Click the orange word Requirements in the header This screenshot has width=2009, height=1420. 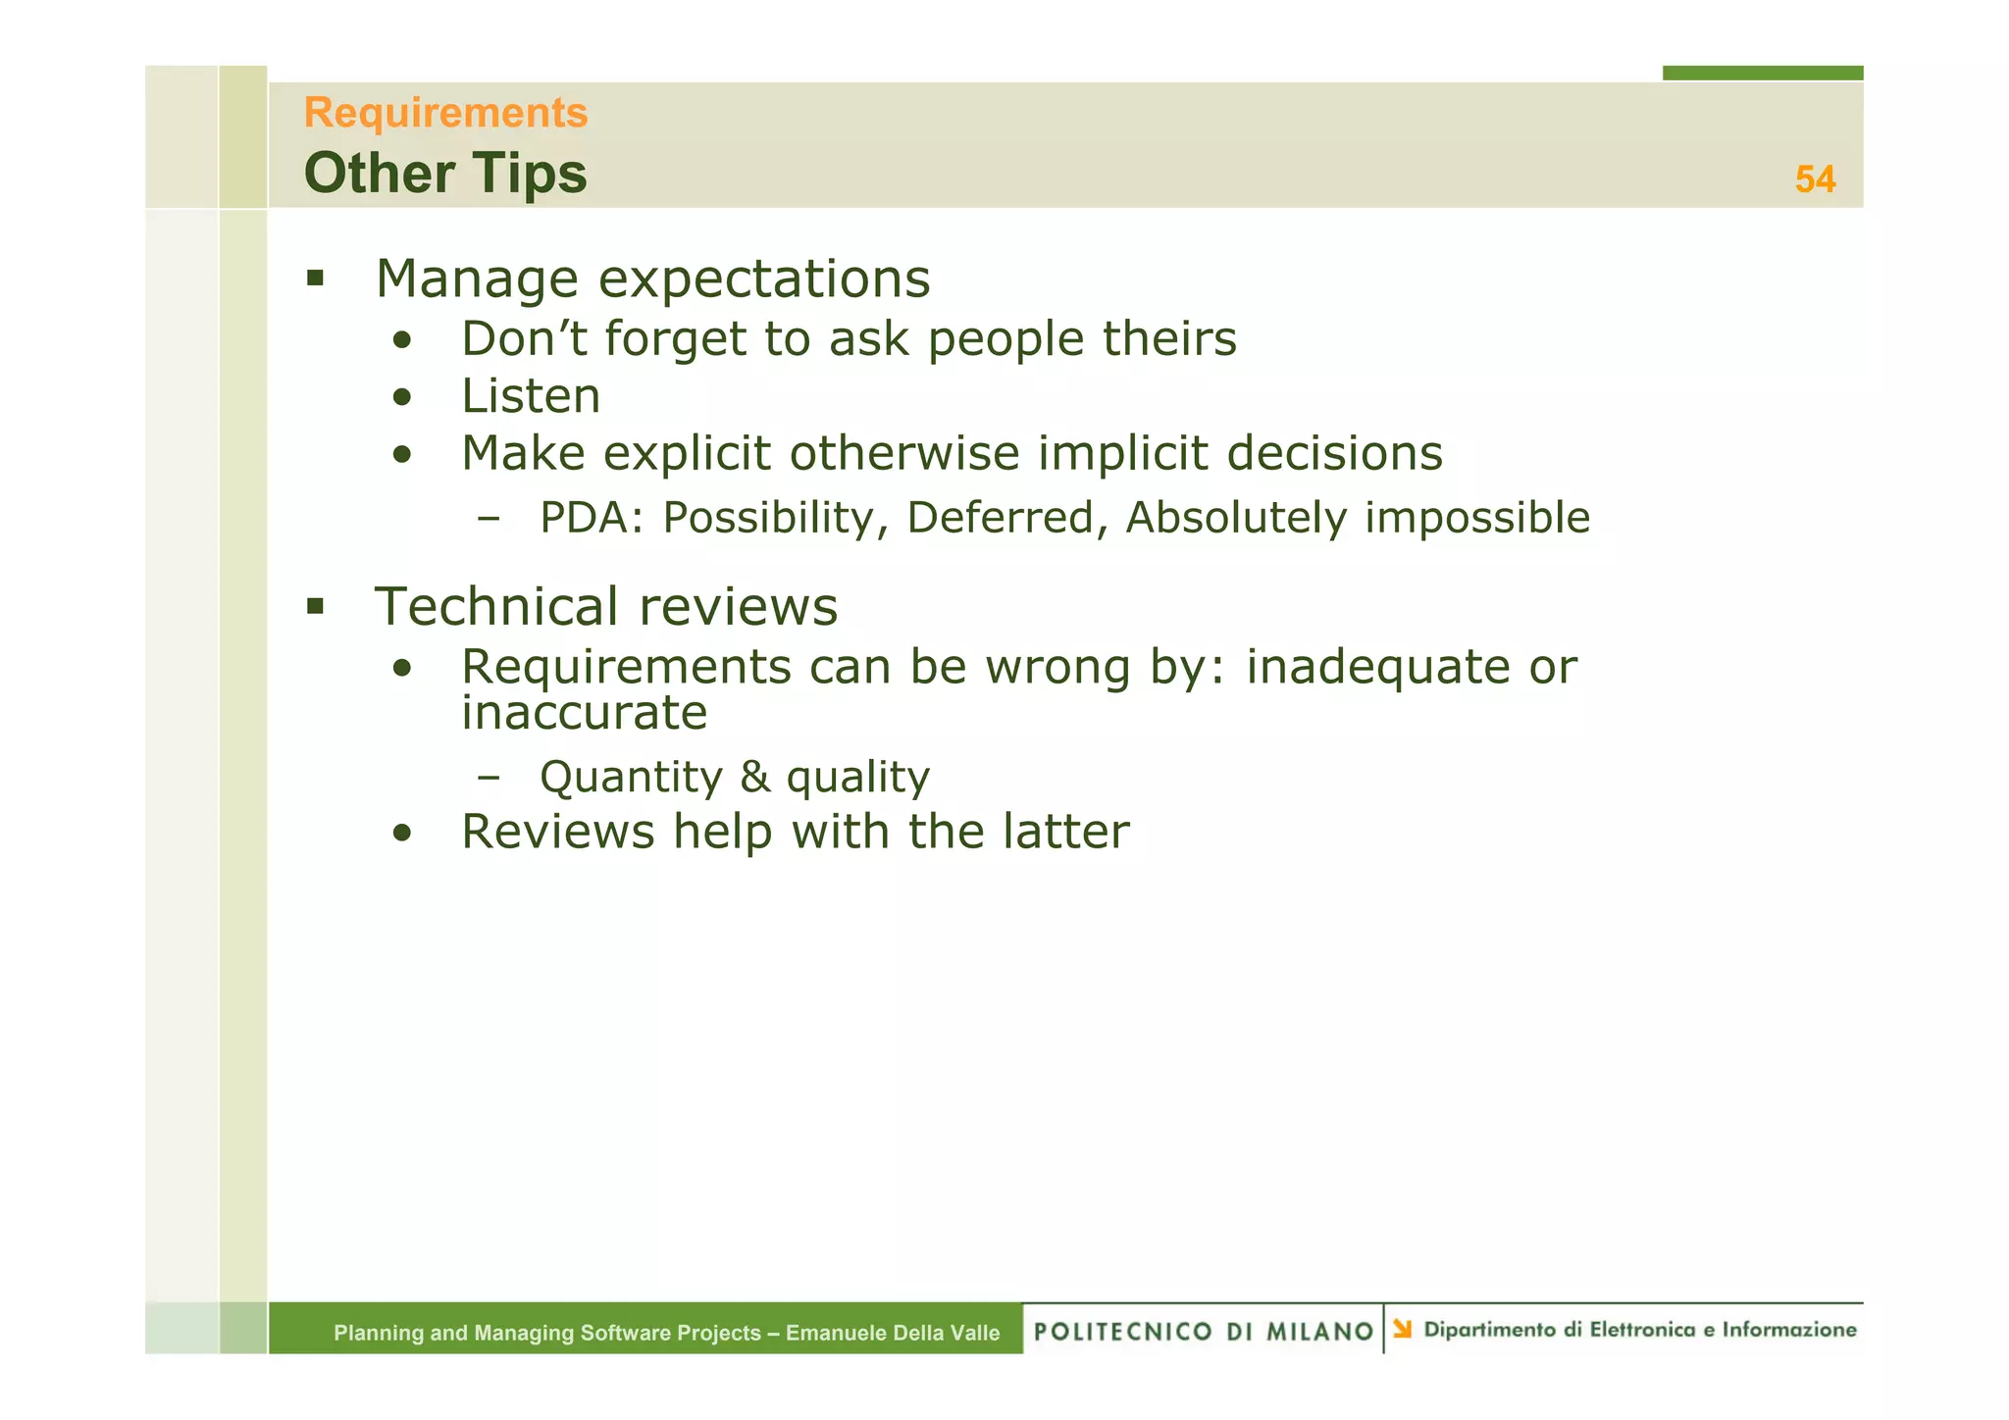point(445,113)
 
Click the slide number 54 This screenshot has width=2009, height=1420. point(1815,179)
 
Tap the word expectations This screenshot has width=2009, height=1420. point(763,279)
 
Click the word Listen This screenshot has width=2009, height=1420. point(531,397)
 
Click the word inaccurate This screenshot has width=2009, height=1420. point(584,713)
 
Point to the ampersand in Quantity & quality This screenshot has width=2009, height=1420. point(754,777)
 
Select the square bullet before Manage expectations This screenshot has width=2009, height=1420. point(315,279)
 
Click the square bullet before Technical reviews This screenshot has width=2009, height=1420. point(315,606)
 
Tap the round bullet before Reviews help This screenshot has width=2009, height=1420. point(401,835)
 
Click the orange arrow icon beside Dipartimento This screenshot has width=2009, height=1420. point(1403,1329)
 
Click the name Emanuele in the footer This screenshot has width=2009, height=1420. point(830,1333)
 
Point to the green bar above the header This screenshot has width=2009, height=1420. point(1762,73)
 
